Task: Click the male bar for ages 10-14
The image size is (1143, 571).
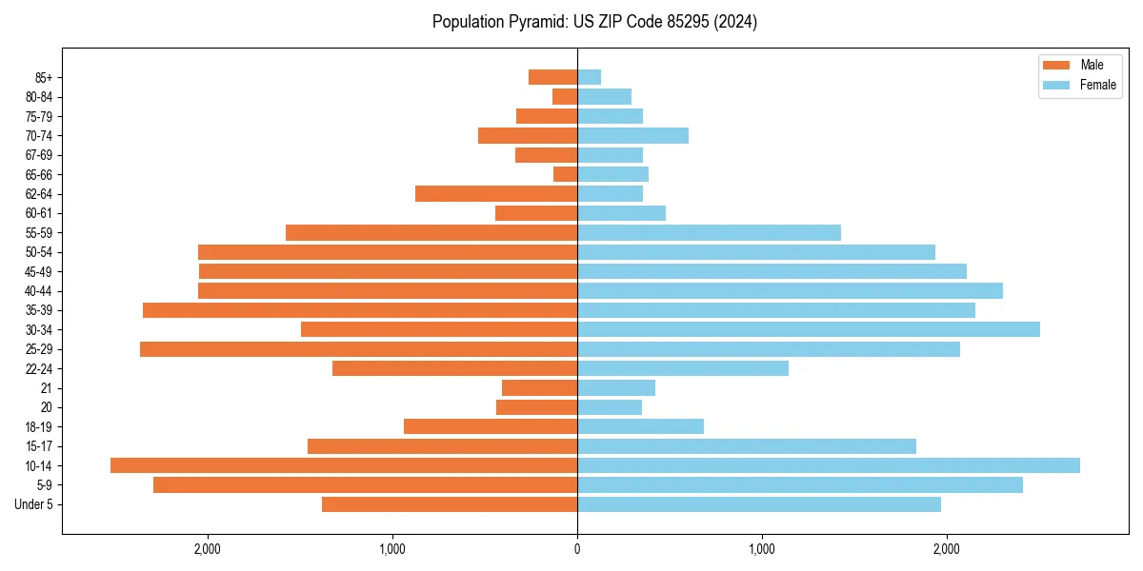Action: click(344, 465)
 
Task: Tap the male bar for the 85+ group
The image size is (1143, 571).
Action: click(552, 77)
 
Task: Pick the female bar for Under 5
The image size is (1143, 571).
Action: click(758, 504)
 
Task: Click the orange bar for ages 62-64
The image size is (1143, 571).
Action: click(496, 194)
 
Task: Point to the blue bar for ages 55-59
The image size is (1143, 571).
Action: click(709, 233)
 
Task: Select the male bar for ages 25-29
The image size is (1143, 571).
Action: click(358, 349)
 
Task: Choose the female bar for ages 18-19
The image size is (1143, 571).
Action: click(640, 426)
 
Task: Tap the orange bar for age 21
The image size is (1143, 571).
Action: click(539, 388)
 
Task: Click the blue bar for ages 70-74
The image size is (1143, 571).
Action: click(632, 136)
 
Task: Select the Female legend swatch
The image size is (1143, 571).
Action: click(1056, 85)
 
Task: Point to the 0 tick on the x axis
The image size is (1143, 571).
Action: click(577, 548)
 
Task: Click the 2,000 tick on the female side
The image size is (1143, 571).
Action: click(946, 548)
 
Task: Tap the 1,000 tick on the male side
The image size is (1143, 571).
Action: click(392, 548)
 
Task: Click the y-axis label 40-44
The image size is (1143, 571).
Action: click(39, 291)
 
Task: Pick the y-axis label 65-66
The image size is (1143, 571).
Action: click(39, 175)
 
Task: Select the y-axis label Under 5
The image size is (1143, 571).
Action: click(34, 504)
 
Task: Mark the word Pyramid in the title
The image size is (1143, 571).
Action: click(536, 22)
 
